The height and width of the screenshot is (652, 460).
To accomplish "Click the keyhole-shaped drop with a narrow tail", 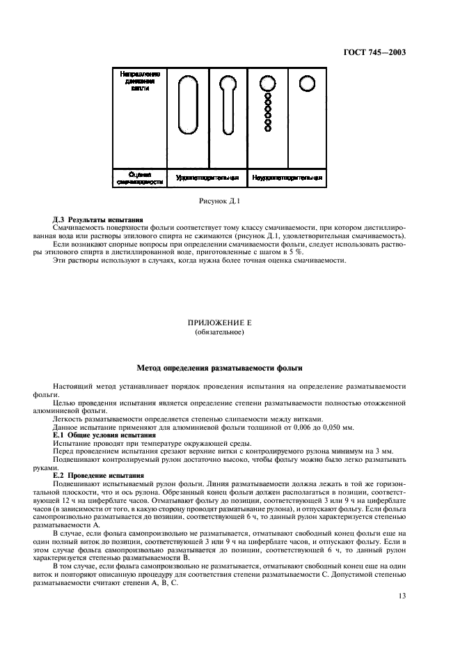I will [227, 101].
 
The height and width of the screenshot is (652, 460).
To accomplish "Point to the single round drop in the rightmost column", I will [306, 84].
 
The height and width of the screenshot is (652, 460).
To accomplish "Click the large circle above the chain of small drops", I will [267, 84].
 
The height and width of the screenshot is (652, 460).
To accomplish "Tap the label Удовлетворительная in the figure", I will [207, 177].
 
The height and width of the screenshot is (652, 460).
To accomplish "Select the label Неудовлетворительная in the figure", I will [286, 177].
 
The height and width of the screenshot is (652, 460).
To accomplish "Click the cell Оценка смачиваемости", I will [139, 178].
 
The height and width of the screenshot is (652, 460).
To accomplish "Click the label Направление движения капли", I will [140, 81].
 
